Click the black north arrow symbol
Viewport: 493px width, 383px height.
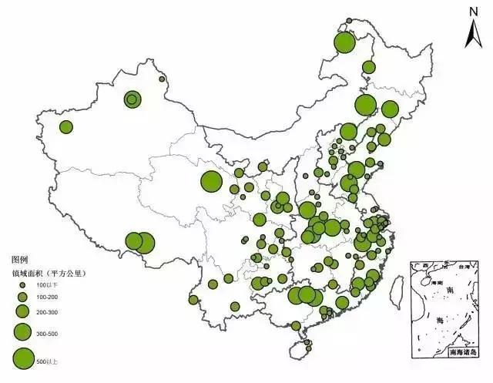[474, 32]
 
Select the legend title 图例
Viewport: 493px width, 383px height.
[19, 260]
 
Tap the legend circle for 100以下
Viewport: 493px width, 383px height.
[22, 285]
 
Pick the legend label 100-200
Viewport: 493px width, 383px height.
[47, 297]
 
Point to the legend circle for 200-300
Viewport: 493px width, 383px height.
[22, 311]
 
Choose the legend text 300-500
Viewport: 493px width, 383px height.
[47, 333]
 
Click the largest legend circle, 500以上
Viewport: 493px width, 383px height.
[23, 358]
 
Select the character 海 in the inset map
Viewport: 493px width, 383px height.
[441, 318]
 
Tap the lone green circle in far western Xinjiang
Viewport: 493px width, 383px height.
[66, 126]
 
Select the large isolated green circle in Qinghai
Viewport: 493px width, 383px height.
[211, 182]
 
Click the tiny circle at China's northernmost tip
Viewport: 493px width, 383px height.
[349, 21]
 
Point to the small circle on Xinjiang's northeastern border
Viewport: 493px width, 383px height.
[162, 79]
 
